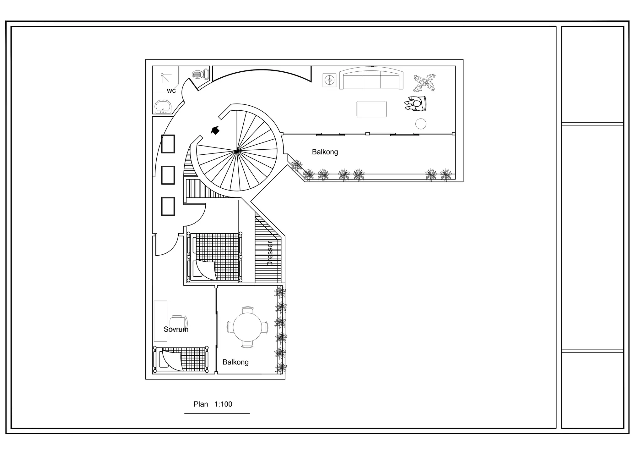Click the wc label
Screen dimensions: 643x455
(x=171, y=91)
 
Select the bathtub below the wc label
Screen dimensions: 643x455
(x=163, y=107)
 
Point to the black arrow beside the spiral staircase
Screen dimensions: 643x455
(x=215, y=130)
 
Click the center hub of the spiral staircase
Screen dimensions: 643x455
(x=236, y=152)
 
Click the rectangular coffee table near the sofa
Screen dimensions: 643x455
(x=371, y=109)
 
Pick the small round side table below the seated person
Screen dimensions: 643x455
(x=421, y=124)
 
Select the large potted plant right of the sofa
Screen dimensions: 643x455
(x=424, y=83)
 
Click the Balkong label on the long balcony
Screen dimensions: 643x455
(x=325, y=152)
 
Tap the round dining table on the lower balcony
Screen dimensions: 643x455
(x=247, y=327)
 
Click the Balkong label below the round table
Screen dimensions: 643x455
(x=235, y=362)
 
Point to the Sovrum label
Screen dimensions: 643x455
(x=176, y=329)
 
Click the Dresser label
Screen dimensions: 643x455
(x=270, y=253)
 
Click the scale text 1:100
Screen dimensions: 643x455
(x=223, y=404)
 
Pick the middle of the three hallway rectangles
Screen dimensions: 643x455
(x=168, y=175)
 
